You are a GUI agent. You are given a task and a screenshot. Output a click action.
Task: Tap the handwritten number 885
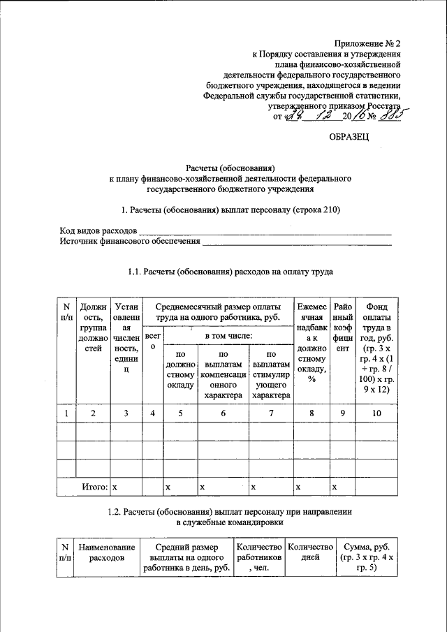(394, 115)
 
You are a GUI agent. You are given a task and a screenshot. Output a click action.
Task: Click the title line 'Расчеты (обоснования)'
(230, 168)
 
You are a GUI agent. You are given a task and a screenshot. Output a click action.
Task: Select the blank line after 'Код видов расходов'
(264, 230)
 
